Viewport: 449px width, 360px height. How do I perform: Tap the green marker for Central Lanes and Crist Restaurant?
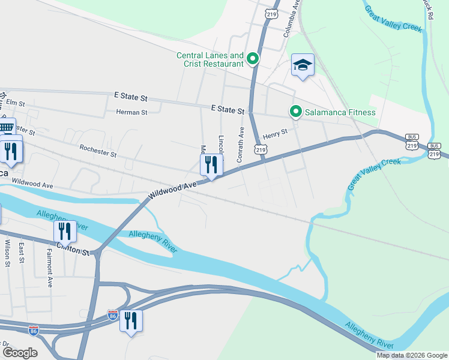tap(253, 59)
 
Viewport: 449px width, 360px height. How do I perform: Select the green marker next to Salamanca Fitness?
tap(295, 112)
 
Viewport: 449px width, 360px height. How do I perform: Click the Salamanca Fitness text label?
tap(340, 112)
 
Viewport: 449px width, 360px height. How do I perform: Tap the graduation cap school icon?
tap(303, 65)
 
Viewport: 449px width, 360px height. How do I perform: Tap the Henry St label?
tap(276, 131)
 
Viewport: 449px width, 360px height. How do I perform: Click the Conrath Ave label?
tap(241, 143)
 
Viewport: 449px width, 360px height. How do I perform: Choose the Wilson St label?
tap(8, 253)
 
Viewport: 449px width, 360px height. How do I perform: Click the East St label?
tap(21, 253)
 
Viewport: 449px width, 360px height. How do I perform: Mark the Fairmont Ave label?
tap(50, 268)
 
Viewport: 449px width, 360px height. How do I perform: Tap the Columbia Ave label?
tap(292, 23)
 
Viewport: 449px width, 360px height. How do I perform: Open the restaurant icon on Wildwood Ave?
tap(211, 165)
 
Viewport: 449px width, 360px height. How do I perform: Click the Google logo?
tap(20, 353)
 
